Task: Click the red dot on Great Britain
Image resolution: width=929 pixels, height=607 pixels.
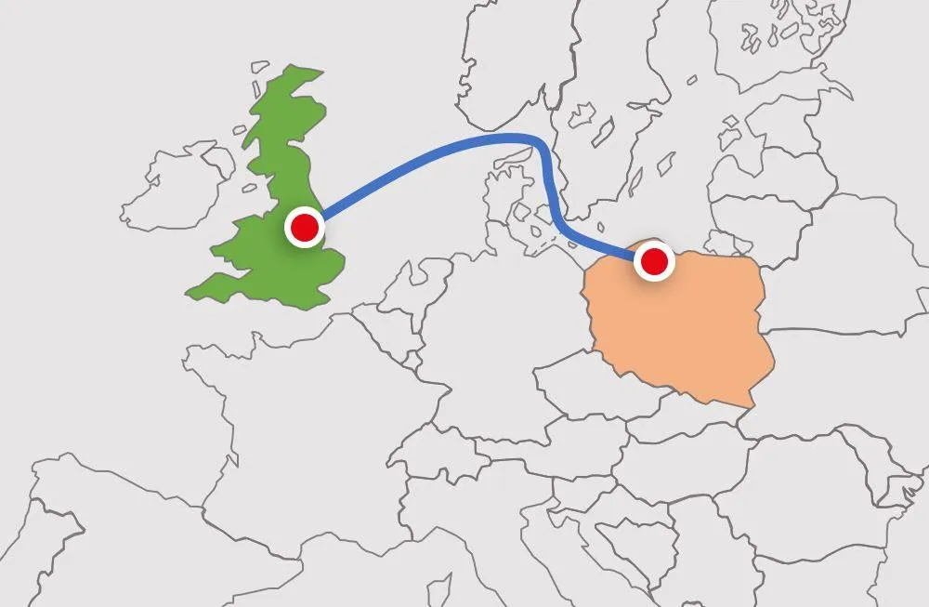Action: [x=304, y=227]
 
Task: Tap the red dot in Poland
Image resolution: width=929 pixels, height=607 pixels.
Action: [x=654, y=262]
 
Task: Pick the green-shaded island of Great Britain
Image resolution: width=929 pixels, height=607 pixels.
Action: [x=279, y=270]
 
